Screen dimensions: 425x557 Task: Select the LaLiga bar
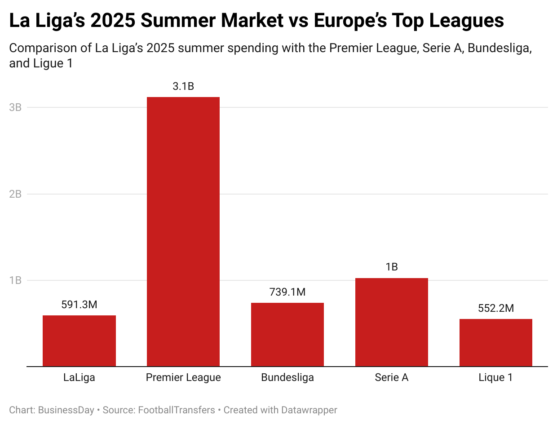(79, 341)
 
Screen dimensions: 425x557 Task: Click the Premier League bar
(183, 231)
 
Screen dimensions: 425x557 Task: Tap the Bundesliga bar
(287, 334)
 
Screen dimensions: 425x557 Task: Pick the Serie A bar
(392, 322)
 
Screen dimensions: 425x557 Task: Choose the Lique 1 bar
(496, 342)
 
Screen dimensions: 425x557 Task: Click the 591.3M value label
(79, 305)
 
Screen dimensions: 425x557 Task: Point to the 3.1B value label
(183, 86)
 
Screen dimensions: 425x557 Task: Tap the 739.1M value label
(287, 292)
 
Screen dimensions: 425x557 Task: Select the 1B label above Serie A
(392, 267)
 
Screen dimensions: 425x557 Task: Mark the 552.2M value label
(496, 308)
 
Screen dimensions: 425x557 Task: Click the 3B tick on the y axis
(15, 107)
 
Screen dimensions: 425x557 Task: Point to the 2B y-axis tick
(15, 194)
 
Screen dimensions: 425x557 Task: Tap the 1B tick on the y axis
(15, 280)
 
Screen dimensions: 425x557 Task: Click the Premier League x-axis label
(183, 377)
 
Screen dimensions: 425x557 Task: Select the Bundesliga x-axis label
(287, 377)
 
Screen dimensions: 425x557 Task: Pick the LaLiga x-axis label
(79, 377)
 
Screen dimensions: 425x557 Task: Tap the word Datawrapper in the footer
(309, 410)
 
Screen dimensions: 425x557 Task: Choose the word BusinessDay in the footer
(66, 410)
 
